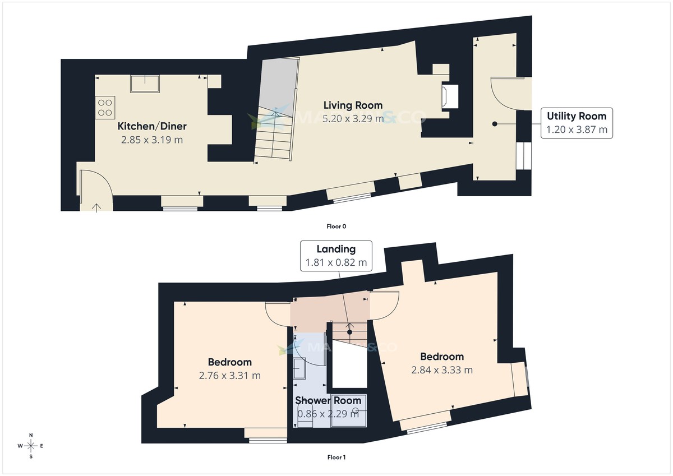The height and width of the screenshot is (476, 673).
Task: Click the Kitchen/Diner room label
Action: point(151,126)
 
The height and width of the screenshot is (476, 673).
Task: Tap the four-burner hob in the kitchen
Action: point(105,107)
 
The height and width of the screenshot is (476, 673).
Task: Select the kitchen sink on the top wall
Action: point(145,84)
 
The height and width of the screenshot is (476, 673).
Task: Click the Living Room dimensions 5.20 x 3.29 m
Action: point(353,118)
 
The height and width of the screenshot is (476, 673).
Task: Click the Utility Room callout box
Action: point(577,123)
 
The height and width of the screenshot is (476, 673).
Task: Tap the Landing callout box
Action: point(336,256)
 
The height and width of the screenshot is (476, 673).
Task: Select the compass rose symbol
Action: point(31,446)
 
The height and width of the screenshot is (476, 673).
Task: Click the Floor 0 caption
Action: point(336,227)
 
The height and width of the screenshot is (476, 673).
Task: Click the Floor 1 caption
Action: point(336,457)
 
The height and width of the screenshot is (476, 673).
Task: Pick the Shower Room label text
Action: point(328,400)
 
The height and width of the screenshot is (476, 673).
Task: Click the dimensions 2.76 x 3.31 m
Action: point(229,376)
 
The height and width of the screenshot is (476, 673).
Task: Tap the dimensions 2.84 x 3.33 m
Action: point(442,370)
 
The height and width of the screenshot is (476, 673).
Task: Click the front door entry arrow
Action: point(96,207)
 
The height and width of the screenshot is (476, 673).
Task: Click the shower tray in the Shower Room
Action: point(348,411)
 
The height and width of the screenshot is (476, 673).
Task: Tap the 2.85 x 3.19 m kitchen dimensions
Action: point(151,140)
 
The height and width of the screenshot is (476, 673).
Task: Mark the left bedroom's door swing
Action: point(277,313)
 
